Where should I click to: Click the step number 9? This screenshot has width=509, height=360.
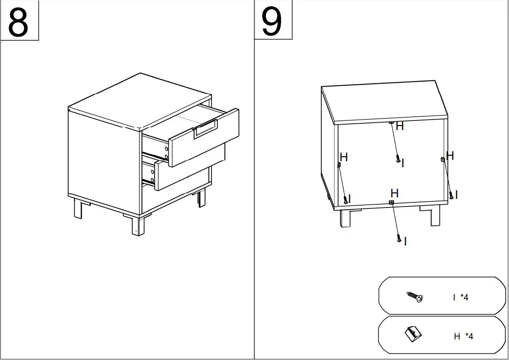[272, 22]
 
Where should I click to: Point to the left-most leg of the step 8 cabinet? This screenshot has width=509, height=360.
[77, 209]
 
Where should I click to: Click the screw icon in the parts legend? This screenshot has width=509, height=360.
[415, 297]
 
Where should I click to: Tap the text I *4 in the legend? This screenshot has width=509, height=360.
[461, 298]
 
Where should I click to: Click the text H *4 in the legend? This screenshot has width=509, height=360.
[463, 337]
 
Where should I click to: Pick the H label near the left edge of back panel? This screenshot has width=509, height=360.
[344, 158]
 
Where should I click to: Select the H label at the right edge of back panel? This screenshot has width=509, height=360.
[450, 156]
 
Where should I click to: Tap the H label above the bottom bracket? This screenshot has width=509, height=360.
[395, 193]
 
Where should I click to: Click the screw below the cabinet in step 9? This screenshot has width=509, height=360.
[399, 239]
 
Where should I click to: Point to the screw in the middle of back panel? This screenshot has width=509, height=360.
[398, 159]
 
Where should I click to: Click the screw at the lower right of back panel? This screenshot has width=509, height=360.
[451, 196]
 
